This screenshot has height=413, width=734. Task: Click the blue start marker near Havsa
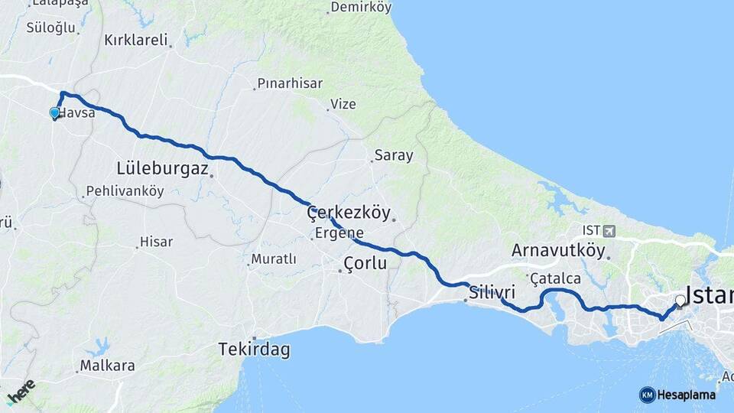point(54,113)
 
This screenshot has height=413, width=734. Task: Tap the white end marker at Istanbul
point(680,301)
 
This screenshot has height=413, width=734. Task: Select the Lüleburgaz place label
point(162,167)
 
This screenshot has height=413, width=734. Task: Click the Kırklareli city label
point(135,41)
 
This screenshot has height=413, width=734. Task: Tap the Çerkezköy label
point(349,213)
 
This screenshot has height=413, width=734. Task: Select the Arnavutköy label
point(558,250)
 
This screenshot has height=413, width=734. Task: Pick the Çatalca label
point(555,278)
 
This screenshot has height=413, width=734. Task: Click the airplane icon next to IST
point(609,230)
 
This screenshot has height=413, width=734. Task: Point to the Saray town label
point(393,156)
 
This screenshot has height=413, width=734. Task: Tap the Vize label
point(343,104)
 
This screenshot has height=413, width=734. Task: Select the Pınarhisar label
point(290,83)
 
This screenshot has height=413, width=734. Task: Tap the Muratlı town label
point(273,259)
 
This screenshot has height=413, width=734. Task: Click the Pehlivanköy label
point(125,191)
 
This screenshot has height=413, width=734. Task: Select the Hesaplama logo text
point(687,395)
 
